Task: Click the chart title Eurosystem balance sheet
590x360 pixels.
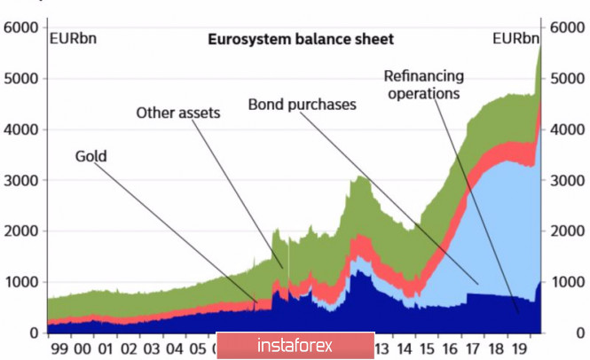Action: pyautogui.click(x=300, y=39)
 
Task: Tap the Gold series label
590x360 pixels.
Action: pyautogui.click(x=90, y=157)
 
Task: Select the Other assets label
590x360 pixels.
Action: pyautogui.click(x=177, y=113)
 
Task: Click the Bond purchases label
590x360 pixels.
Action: pyautogui.click(x=302, y=105)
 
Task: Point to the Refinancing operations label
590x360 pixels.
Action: pyautogui.click(x=422, y=83)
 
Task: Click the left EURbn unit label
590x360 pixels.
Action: pyautogui.click(x=74, y=38)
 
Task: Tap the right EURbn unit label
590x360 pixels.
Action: pyautogui.click(x=515, y=38)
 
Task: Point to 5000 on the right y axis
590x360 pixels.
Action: pyautogui.click(x=568, y=79)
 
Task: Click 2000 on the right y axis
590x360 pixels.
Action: pyautogui.click(x=568, y=231)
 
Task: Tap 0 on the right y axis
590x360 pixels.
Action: pyautogui.click(x=556, y=333)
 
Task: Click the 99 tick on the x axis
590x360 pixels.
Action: pyautogui.click(x=59, y=348)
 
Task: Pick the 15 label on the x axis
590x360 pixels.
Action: pyautogui.click(x=429, y=348)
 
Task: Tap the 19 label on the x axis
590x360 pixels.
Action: pyautogui.click(x=521, y=348)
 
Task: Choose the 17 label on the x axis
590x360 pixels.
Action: pyautogui.click(x=475, y=348)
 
